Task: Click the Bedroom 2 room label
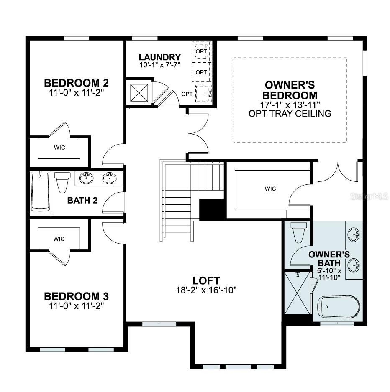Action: pos(76,82)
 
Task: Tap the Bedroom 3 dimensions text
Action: pos(76,305)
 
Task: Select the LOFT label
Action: pos(206,280)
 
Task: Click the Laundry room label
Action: pos(160,57)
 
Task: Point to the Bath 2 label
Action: pos(82,200)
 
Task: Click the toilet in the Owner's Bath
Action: pos(299,232)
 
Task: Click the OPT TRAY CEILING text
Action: pos(290,113)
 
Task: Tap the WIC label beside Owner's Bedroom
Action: pos(270,188)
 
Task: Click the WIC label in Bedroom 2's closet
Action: pos(59,148)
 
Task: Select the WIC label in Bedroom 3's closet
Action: pos(59,239)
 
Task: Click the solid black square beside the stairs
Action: pos(212,209)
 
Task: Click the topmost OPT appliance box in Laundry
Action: pos(202,51)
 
